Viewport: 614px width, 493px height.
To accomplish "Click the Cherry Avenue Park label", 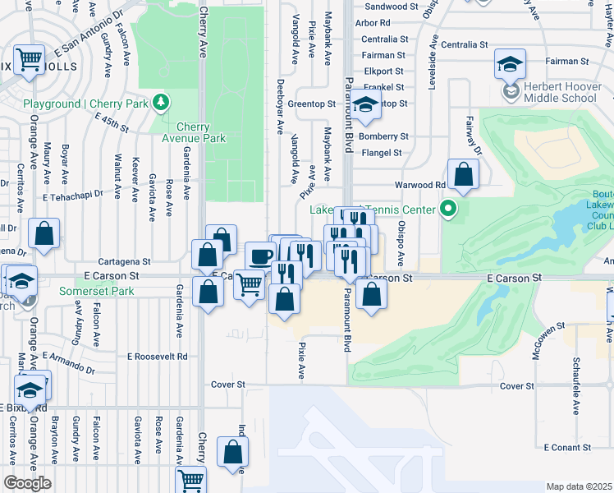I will point(200,133).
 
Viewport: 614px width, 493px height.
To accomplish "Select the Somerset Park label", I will point(96,292).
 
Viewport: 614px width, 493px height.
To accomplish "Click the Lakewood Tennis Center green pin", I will point(447,209).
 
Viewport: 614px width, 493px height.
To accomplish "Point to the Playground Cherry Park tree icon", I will point(163,102).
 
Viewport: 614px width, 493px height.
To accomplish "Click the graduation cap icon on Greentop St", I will point(367,104).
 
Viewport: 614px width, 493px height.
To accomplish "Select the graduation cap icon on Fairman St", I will point(511,63).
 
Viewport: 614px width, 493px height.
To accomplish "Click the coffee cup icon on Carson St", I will point(261,256).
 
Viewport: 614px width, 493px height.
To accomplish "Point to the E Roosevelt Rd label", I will point(158,357).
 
